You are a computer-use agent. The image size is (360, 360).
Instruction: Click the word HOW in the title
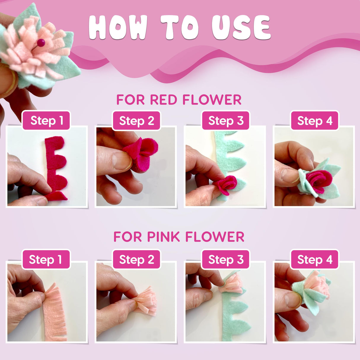[117, 27]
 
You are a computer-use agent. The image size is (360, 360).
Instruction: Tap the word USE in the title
[241, 27]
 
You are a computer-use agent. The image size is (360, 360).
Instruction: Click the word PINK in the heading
[163, 237]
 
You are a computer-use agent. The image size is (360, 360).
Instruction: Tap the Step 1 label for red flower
[47, 121]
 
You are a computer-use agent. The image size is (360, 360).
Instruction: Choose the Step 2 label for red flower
[136, 121]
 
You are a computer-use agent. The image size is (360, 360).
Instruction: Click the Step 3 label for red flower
[226, 121]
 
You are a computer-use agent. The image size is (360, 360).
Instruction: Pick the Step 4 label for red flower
[315, 121]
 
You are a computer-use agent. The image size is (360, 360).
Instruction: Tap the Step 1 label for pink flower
[46, 259]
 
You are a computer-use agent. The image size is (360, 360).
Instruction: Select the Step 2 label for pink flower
[136, 259]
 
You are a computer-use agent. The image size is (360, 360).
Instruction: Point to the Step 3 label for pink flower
[226, 259]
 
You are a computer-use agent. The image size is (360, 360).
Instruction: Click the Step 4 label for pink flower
[315, 259]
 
